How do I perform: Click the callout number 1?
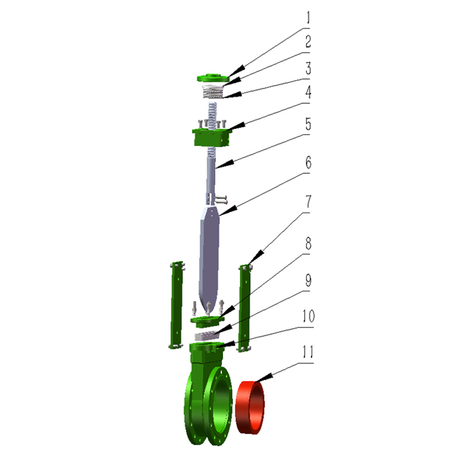pyautogui.click(x=308, y=18)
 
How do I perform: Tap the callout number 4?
pyautogui.click(x=308, y=92)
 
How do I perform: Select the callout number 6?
pyautogui.click(x=308, y=162)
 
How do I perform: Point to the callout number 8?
pyautogui.click(x=308, y=243)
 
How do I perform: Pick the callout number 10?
pyautogui.click(x=308, y=316)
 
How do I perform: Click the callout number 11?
pyautogui.click(x=308, y=351)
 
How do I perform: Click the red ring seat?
pyautogui.click(x=250, y=407)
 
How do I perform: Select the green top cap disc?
pyautogui.click(x=213, y=78)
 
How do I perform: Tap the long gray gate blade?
pyautogui.click(x=209, y=258)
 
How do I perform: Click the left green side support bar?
pyautogui.click(x=177, y=305)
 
